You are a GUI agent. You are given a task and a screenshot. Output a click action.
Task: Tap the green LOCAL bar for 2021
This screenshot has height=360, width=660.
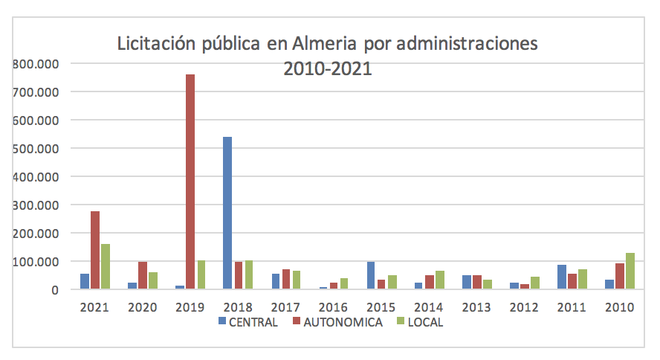click(x=106, y=266)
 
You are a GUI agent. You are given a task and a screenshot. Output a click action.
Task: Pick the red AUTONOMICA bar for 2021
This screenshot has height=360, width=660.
click(x=94, y=250)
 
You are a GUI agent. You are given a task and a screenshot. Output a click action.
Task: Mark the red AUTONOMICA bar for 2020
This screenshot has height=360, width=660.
click(x=143, y=275)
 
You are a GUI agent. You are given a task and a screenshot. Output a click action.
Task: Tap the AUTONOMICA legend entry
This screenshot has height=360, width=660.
click(x=337, y=322)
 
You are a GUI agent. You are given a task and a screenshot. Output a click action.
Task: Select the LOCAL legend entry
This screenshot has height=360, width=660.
click(x=424, y=322)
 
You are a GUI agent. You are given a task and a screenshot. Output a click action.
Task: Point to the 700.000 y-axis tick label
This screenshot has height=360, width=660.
click(x=36, y=92)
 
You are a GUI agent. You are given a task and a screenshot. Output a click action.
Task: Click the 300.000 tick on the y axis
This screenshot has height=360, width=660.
click(x=36, y=205)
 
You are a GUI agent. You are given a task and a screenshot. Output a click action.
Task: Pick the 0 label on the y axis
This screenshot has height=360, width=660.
click(x=54, y=290)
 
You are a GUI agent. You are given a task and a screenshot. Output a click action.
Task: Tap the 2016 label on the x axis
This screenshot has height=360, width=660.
click(x=333, y=306)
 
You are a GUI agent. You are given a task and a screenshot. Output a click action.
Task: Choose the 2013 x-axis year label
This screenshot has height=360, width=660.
click(x=476, y=306)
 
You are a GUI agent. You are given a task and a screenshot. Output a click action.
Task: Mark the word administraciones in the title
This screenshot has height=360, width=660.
click(x=467, y=45)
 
